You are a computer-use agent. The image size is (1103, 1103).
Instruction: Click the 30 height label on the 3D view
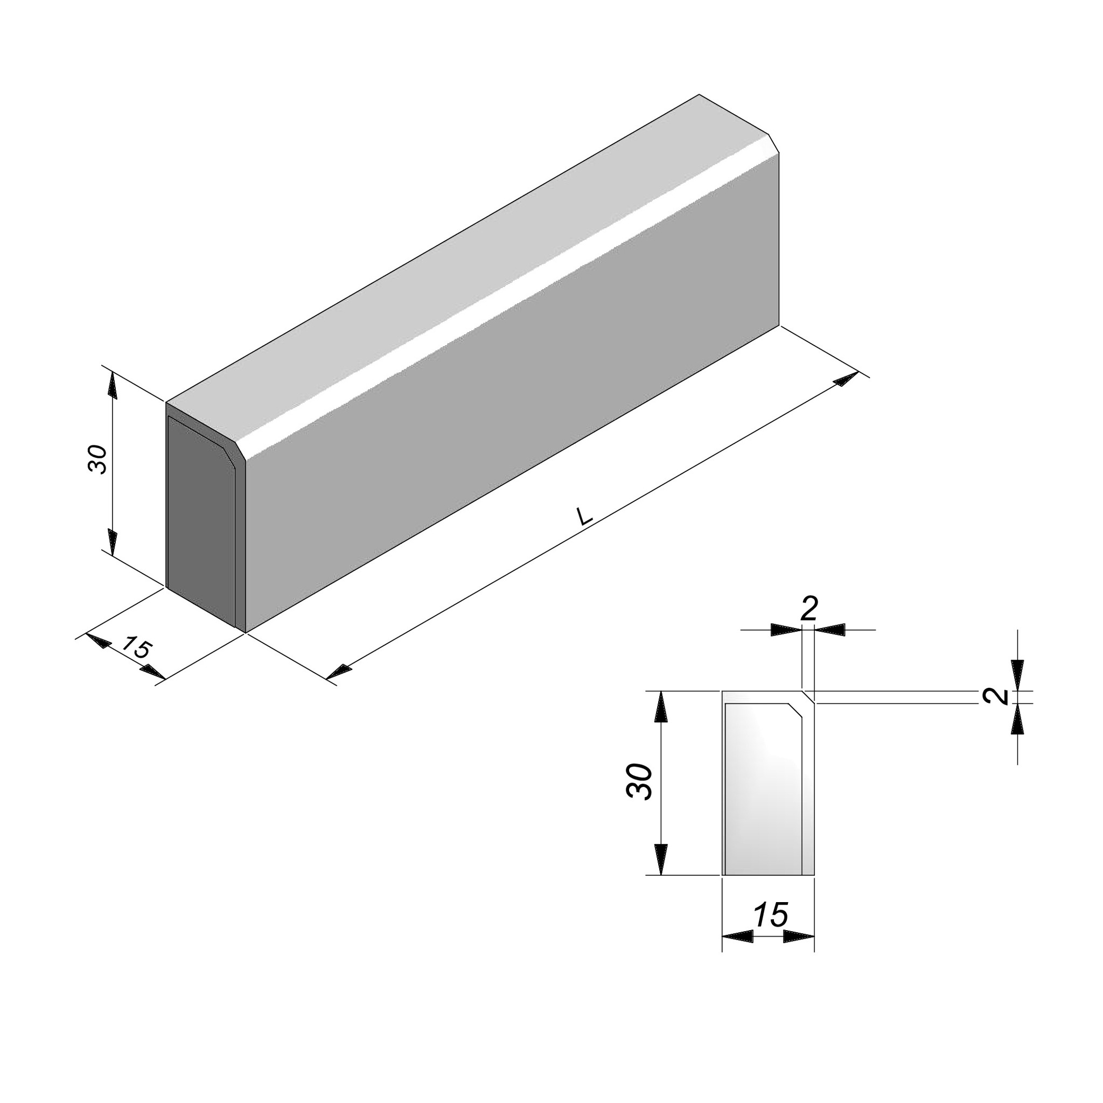click(97, 459)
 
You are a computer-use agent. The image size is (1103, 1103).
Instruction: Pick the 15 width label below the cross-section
click(771, 914)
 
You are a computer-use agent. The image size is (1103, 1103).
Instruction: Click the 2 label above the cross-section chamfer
click(809, 609)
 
